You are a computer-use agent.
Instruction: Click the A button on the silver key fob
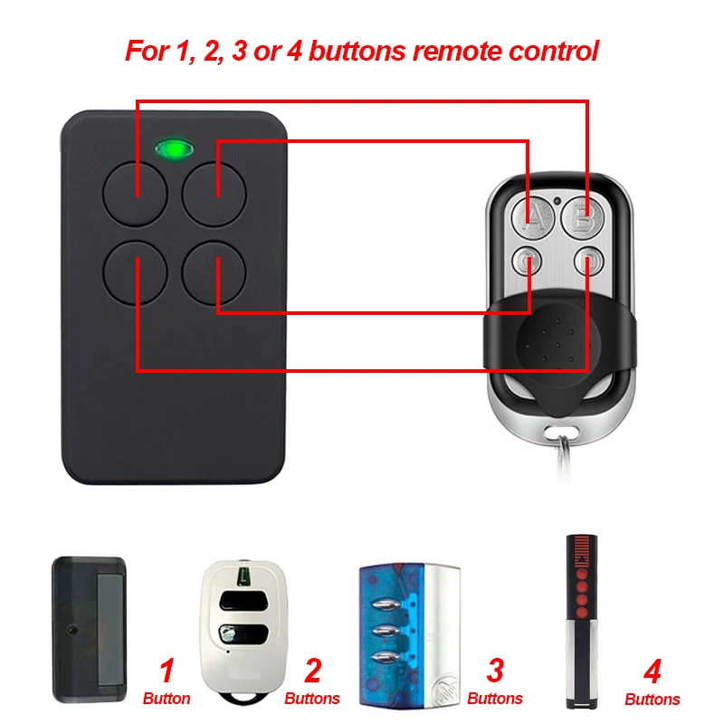pos(534,217)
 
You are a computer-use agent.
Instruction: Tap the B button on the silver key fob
pos(582,217)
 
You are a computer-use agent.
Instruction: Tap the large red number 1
pos(166,672)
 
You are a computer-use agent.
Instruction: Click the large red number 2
pos(312,672)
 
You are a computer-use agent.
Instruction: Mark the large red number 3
pos(495,672)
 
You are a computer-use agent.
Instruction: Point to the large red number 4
pos(652,672)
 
